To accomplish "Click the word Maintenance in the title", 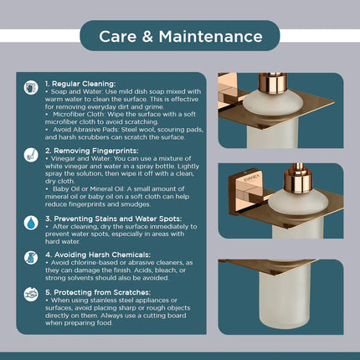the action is tap(211, 37).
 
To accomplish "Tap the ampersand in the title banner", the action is tap(147, 37).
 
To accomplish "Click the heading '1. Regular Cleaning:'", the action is tap(80, 84).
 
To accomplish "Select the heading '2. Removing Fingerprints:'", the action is tap(92, 151).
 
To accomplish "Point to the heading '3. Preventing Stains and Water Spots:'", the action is tap(114, 219).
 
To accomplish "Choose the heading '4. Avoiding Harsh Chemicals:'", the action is tap(98, 255).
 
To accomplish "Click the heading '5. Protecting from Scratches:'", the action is tap(98, 292).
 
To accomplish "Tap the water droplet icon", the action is tap(31, 223).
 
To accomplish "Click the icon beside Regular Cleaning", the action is tap(31, 88).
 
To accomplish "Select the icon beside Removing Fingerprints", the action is tap(31, 155).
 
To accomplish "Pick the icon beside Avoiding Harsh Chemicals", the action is tap(31, 258).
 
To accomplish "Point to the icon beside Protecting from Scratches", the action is tap(31, 294).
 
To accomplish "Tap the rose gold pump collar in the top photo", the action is tap(273, 83).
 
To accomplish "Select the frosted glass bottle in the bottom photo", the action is tap(284, 299).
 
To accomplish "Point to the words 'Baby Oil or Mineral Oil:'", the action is tap(89, 189).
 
